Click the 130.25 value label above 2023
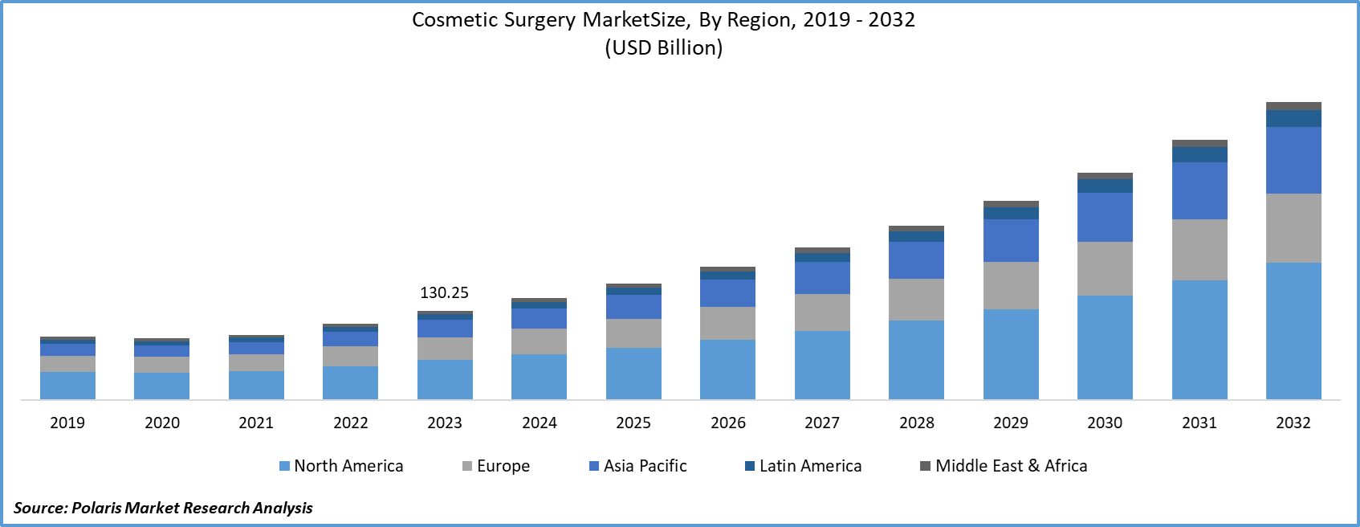tap(444, 293)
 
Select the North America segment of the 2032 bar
tap(1293, 331)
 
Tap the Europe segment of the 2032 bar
tap(1293, 228)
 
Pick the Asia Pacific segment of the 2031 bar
tap(1199, 190)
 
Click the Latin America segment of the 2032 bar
tap(1293, 118)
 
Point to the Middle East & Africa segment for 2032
tap(1293, 106)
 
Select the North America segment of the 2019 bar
tap(67, 386)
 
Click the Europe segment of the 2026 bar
tap(727, 323)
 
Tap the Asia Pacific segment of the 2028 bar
tap(916, 260)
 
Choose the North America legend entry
tap(341, 466)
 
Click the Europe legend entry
tap(496, 466)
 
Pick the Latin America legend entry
tap(804, 466)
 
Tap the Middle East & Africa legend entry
tap(1004, 466)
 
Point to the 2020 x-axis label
tap(162, 423)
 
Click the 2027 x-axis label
tap(822, 423)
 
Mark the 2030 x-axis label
tap(1105, 423)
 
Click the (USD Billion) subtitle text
tap(663, 47)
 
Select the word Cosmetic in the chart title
tap(454, 20)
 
